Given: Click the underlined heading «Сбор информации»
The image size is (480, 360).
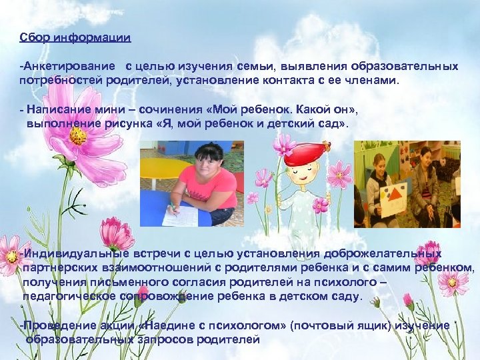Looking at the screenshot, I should [x=75, y=37].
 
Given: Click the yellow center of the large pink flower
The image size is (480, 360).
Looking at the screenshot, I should [x=78, y=136].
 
